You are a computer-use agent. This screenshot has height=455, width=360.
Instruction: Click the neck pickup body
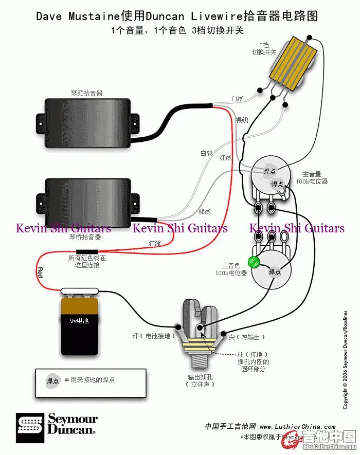point(88,119)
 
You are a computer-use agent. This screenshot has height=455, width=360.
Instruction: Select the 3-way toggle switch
point(292,61)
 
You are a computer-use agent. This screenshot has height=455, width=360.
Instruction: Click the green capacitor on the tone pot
point(253,261)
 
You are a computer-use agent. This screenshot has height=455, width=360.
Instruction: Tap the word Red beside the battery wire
point(40,272)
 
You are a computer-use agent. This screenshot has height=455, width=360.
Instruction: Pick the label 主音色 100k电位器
point(231,269)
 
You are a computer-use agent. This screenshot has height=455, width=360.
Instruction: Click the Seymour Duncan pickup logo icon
point(30,424)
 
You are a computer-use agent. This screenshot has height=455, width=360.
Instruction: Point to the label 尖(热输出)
point(247,337)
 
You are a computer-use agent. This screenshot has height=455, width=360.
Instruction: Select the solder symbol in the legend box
point(53,380)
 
